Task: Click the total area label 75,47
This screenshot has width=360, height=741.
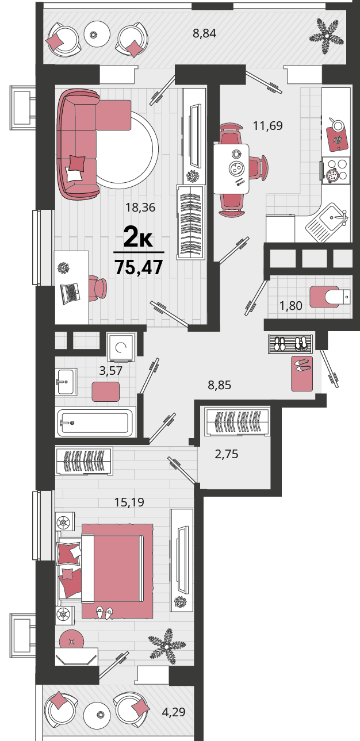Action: click(139, 267)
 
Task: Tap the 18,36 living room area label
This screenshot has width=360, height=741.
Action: click(140, 208)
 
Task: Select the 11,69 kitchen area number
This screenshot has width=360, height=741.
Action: click(267, 126)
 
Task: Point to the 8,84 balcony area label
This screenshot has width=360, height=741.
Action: click(205, 33)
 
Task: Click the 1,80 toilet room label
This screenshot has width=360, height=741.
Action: click(291, 306)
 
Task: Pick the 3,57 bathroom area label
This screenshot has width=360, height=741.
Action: click(111, 370)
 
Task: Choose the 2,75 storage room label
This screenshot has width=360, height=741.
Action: click(227, 454)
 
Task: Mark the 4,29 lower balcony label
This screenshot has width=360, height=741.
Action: click(174, 712)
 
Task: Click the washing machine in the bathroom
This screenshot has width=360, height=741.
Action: click(121, 347)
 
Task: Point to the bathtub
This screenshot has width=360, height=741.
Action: click(96, 422)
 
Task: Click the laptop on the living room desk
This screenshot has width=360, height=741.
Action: click(70, 293)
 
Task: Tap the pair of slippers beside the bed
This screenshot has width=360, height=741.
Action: click(105, 613)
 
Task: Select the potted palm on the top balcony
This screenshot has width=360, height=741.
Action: click(327, 34)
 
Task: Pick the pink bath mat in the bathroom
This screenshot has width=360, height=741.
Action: click(106, 391)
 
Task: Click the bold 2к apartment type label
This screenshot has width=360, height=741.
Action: click(139, 237)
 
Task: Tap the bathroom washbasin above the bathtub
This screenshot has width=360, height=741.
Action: click(66, 382)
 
